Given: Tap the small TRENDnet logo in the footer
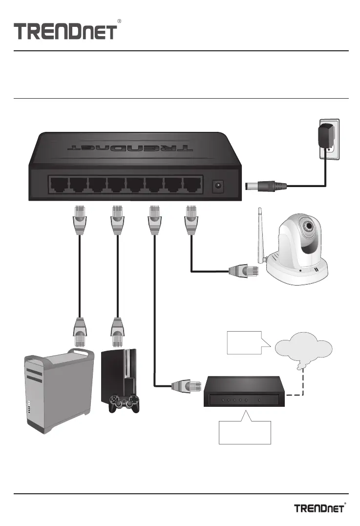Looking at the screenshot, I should [x=320, y=508].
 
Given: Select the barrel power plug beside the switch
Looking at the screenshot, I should [x=266, y=186].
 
